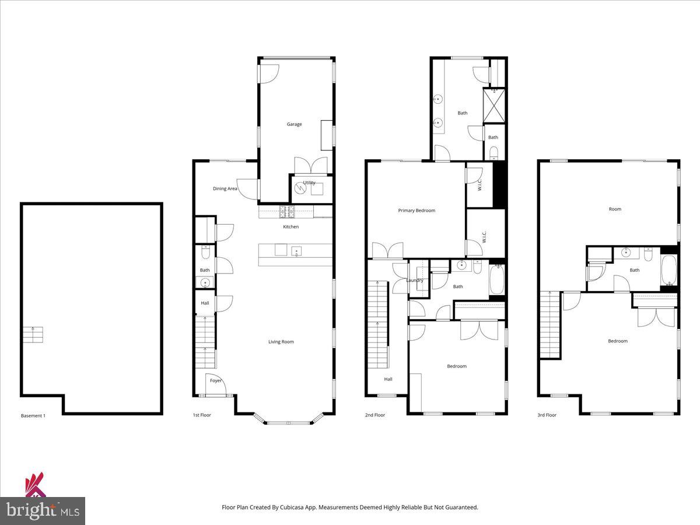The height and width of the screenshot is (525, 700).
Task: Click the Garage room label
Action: tap(294, 124)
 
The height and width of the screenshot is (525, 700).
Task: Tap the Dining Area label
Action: tap(225, 188)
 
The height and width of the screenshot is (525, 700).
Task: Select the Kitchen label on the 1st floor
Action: tap(290, 226)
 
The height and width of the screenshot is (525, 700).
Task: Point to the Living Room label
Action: tap(281, 342)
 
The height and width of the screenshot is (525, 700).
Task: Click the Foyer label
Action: tap(216, 381)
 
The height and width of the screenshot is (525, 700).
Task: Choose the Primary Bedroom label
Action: tap(416, 211)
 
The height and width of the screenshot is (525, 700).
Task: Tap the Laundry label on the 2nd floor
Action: tap(415, 281)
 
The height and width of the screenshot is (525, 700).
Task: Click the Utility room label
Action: tap(309, 183)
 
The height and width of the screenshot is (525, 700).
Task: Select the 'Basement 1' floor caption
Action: tap(33, 416)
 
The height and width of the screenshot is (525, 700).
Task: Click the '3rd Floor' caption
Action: tap(547, 415)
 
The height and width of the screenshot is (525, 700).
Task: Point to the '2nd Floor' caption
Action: tap(375, 415)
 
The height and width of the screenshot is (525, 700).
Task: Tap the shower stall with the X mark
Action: tap(494, 106)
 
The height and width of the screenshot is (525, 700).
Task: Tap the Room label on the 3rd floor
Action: tap(615, 209)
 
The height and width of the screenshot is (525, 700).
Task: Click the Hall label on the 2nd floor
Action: tap(388, 379)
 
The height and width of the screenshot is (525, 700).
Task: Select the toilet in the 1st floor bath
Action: tap(205, 253)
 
